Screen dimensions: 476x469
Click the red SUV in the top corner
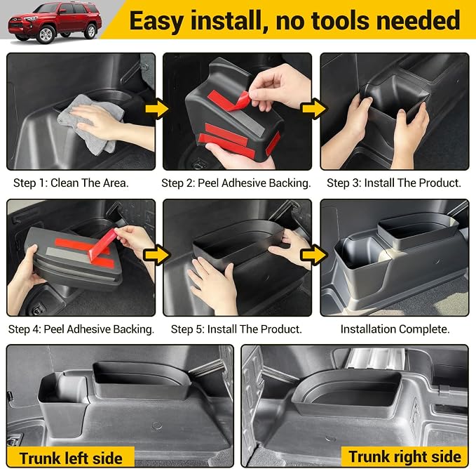[55, 22]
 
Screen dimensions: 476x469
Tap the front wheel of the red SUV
[46, 34]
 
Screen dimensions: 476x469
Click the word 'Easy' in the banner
[156, 20]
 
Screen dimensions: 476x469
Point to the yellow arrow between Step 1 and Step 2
[156, 109]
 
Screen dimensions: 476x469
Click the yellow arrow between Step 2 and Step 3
[314, 109]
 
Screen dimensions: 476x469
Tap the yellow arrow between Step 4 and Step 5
[156, 255]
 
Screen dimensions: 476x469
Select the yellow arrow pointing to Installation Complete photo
[314, 255]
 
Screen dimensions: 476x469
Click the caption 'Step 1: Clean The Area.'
[71, 183]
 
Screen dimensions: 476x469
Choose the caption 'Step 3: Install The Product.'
[394, 183]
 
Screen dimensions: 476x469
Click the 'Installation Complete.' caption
[395, 329]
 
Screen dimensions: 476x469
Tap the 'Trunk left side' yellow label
[71, 458]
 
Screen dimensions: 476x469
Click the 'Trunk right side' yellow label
[404, 456]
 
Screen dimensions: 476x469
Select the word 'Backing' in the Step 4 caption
[133, 329]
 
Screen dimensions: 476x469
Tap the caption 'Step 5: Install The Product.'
[236, 329]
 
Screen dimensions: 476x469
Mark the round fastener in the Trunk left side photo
[156, 425]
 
